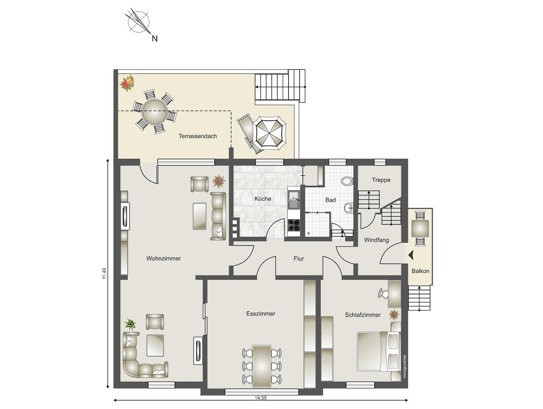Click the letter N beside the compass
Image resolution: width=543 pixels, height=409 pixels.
tap(154, 39)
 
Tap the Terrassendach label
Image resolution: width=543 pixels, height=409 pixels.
tap(198, 136)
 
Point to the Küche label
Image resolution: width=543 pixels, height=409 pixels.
tap(263, 199)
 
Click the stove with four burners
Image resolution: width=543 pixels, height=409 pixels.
tap(294, 225)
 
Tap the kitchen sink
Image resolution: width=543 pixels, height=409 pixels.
tap(294, 200)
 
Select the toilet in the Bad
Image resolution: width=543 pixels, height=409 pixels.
tap(347, 181)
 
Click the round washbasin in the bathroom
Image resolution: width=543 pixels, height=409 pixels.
tap(349, 208)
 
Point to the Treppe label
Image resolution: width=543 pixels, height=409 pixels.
tap(381, 180)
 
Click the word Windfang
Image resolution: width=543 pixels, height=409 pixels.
tap(376, 240)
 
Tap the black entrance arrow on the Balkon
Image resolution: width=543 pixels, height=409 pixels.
tap(411, 255)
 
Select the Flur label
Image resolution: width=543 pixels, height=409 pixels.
tap(299, 259)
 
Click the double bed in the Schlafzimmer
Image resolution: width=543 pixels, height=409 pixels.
tap(379, 352)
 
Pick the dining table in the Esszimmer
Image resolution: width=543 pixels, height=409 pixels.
tap(262, 366)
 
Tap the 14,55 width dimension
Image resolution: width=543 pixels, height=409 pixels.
tap(261, 398)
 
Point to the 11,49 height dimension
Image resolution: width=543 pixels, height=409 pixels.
tap(104, 273)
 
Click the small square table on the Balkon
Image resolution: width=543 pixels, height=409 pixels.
tap(420, 228)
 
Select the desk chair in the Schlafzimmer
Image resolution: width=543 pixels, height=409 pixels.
tap(383, 294)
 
